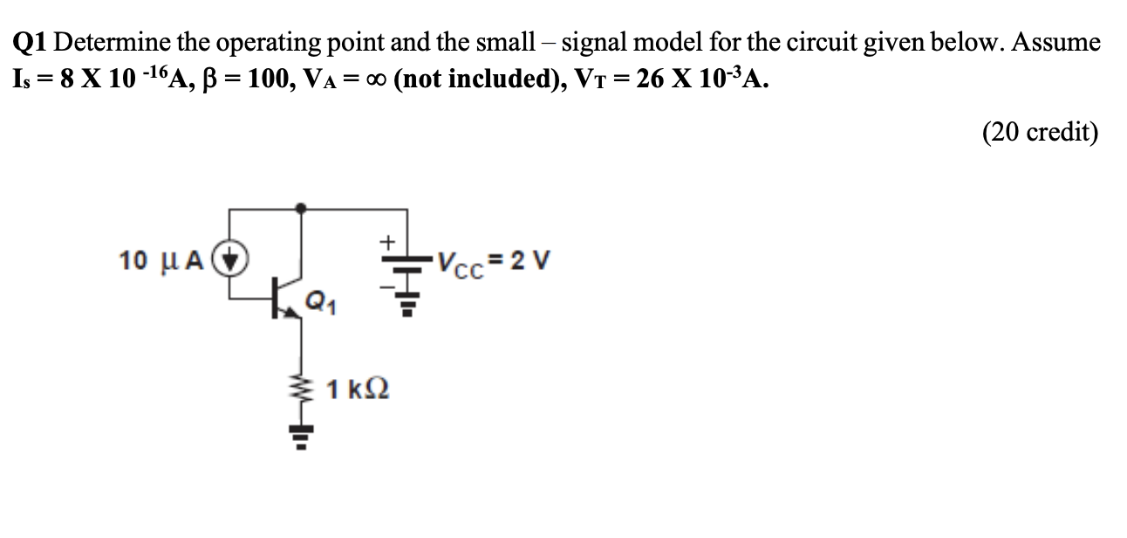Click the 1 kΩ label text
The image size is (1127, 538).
(x=357, y=389)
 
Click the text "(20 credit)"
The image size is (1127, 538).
(x=1040, y=132)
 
